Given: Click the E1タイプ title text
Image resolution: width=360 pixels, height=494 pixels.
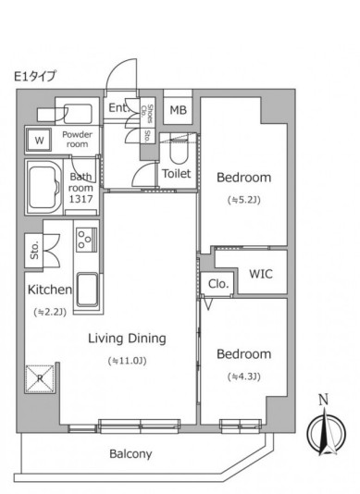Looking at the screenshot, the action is (34, 76).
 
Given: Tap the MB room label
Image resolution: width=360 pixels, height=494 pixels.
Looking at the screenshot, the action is (178, 110).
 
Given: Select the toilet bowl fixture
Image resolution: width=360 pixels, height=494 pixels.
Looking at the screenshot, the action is (179, 151).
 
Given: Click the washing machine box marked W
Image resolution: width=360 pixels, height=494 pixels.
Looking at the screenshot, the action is (39, 140).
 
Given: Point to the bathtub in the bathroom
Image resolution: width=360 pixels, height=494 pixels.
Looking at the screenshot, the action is (44, 188).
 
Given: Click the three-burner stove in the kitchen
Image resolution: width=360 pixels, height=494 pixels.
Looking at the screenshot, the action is (86, 240).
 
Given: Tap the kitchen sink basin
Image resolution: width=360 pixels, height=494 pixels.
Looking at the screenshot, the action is (87, 290).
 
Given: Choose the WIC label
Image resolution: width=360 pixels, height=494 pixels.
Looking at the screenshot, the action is (261, 274).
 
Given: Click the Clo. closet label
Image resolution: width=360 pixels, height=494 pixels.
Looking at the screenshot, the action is (218, 284).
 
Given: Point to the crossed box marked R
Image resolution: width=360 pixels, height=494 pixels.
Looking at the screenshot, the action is (40, 378).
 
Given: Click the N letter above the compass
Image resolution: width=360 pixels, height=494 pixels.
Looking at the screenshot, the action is (324, 400).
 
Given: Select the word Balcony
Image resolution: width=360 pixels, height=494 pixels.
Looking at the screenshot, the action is (130, 453).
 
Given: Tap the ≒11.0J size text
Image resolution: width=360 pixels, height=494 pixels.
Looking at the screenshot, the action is (127, 361).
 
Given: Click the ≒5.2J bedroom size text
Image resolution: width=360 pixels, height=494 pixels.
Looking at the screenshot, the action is (244, 200).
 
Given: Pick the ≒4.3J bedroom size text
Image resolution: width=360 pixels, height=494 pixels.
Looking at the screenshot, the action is (244, 377).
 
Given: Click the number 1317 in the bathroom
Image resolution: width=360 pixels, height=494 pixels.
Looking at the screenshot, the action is (81, 199).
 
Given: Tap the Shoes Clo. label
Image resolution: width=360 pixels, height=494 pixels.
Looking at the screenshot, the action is (147, 114).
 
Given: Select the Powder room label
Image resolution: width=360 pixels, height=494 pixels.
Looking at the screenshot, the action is (77, 139).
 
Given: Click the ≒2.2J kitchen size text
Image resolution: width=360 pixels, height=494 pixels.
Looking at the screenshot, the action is (50, 312).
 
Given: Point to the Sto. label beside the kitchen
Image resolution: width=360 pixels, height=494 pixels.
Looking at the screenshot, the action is (34, 250).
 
